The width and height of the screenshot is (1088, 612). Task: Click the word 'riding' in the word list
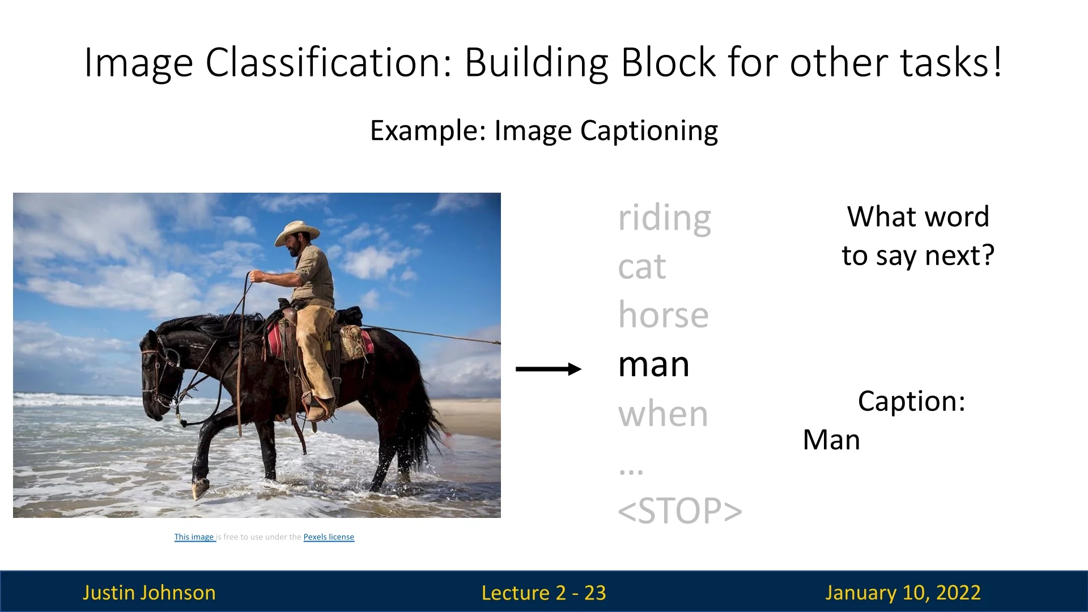(664, 219)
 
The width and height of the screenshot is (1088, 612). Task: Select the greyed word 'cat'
(642, 267)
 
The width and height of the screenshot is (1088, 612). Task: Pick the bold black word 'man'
(653, 365)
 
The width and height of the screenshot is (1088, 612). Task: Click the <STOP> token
(679, 511)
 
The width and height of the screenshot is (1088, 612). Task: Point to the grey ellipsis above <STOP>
(631, 471)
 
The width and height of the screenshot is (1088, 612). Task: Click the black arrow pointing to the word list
(549, 369)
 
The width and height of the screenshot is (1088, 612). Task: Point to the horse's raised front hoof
(200, 488)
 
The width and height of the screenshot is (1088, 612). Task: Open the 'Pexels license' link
(329, 537)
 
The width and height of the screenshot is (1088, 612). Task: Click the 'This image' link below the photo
(194, 537)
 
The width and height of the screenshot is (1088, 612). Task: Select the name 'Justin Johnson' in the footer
(149, 593)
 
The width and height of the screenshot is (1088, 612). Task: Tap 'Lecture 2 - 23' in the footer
(543, 593)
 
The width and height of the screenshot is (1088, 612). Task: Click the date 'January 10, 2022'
(903, 593)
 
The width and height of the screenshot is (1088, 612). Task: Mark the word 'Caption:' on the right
(911, 401)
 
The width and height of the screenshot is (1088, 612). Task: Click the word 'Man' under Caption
(831, 440)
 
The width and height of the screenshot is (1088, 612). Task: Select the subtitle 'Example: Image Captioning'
(544, 131)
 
